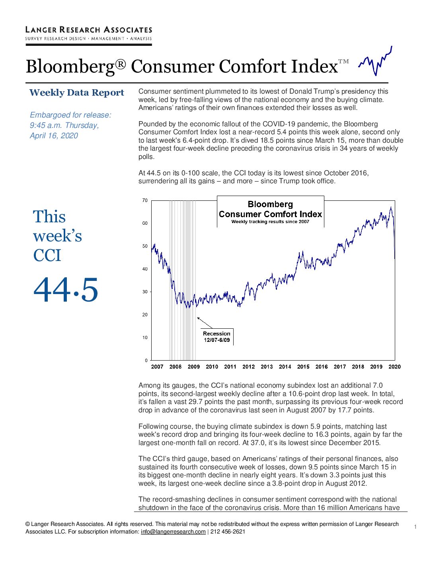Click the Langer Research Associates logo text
[89, 30]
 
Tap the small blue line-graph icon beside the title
[375, 61]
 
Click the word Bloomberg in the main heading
[70, 67]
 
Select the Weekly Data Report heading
[76, 93]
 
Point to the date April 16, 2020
[54, 135]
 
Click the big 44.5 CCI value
[66, 289]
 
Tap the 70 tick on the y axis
[145, 200]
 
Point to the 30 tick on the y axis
[145, 292]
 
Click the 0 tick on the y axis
[146, 361]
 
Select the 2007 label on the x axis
[157, 367]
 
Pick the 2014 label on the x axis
[285, 367]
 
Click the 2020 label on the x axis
[394, 367]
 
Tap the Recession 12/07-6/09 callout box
[217, 337]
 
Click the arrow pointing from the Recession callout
[205, 323]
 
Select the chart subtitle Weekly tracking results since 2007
[270, 222]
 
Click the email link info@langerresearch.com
[173, 532]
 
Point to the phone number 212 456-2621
[228, 532]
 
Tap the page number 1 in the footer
[415, 527]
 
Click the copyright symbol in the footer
[27, 524]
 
